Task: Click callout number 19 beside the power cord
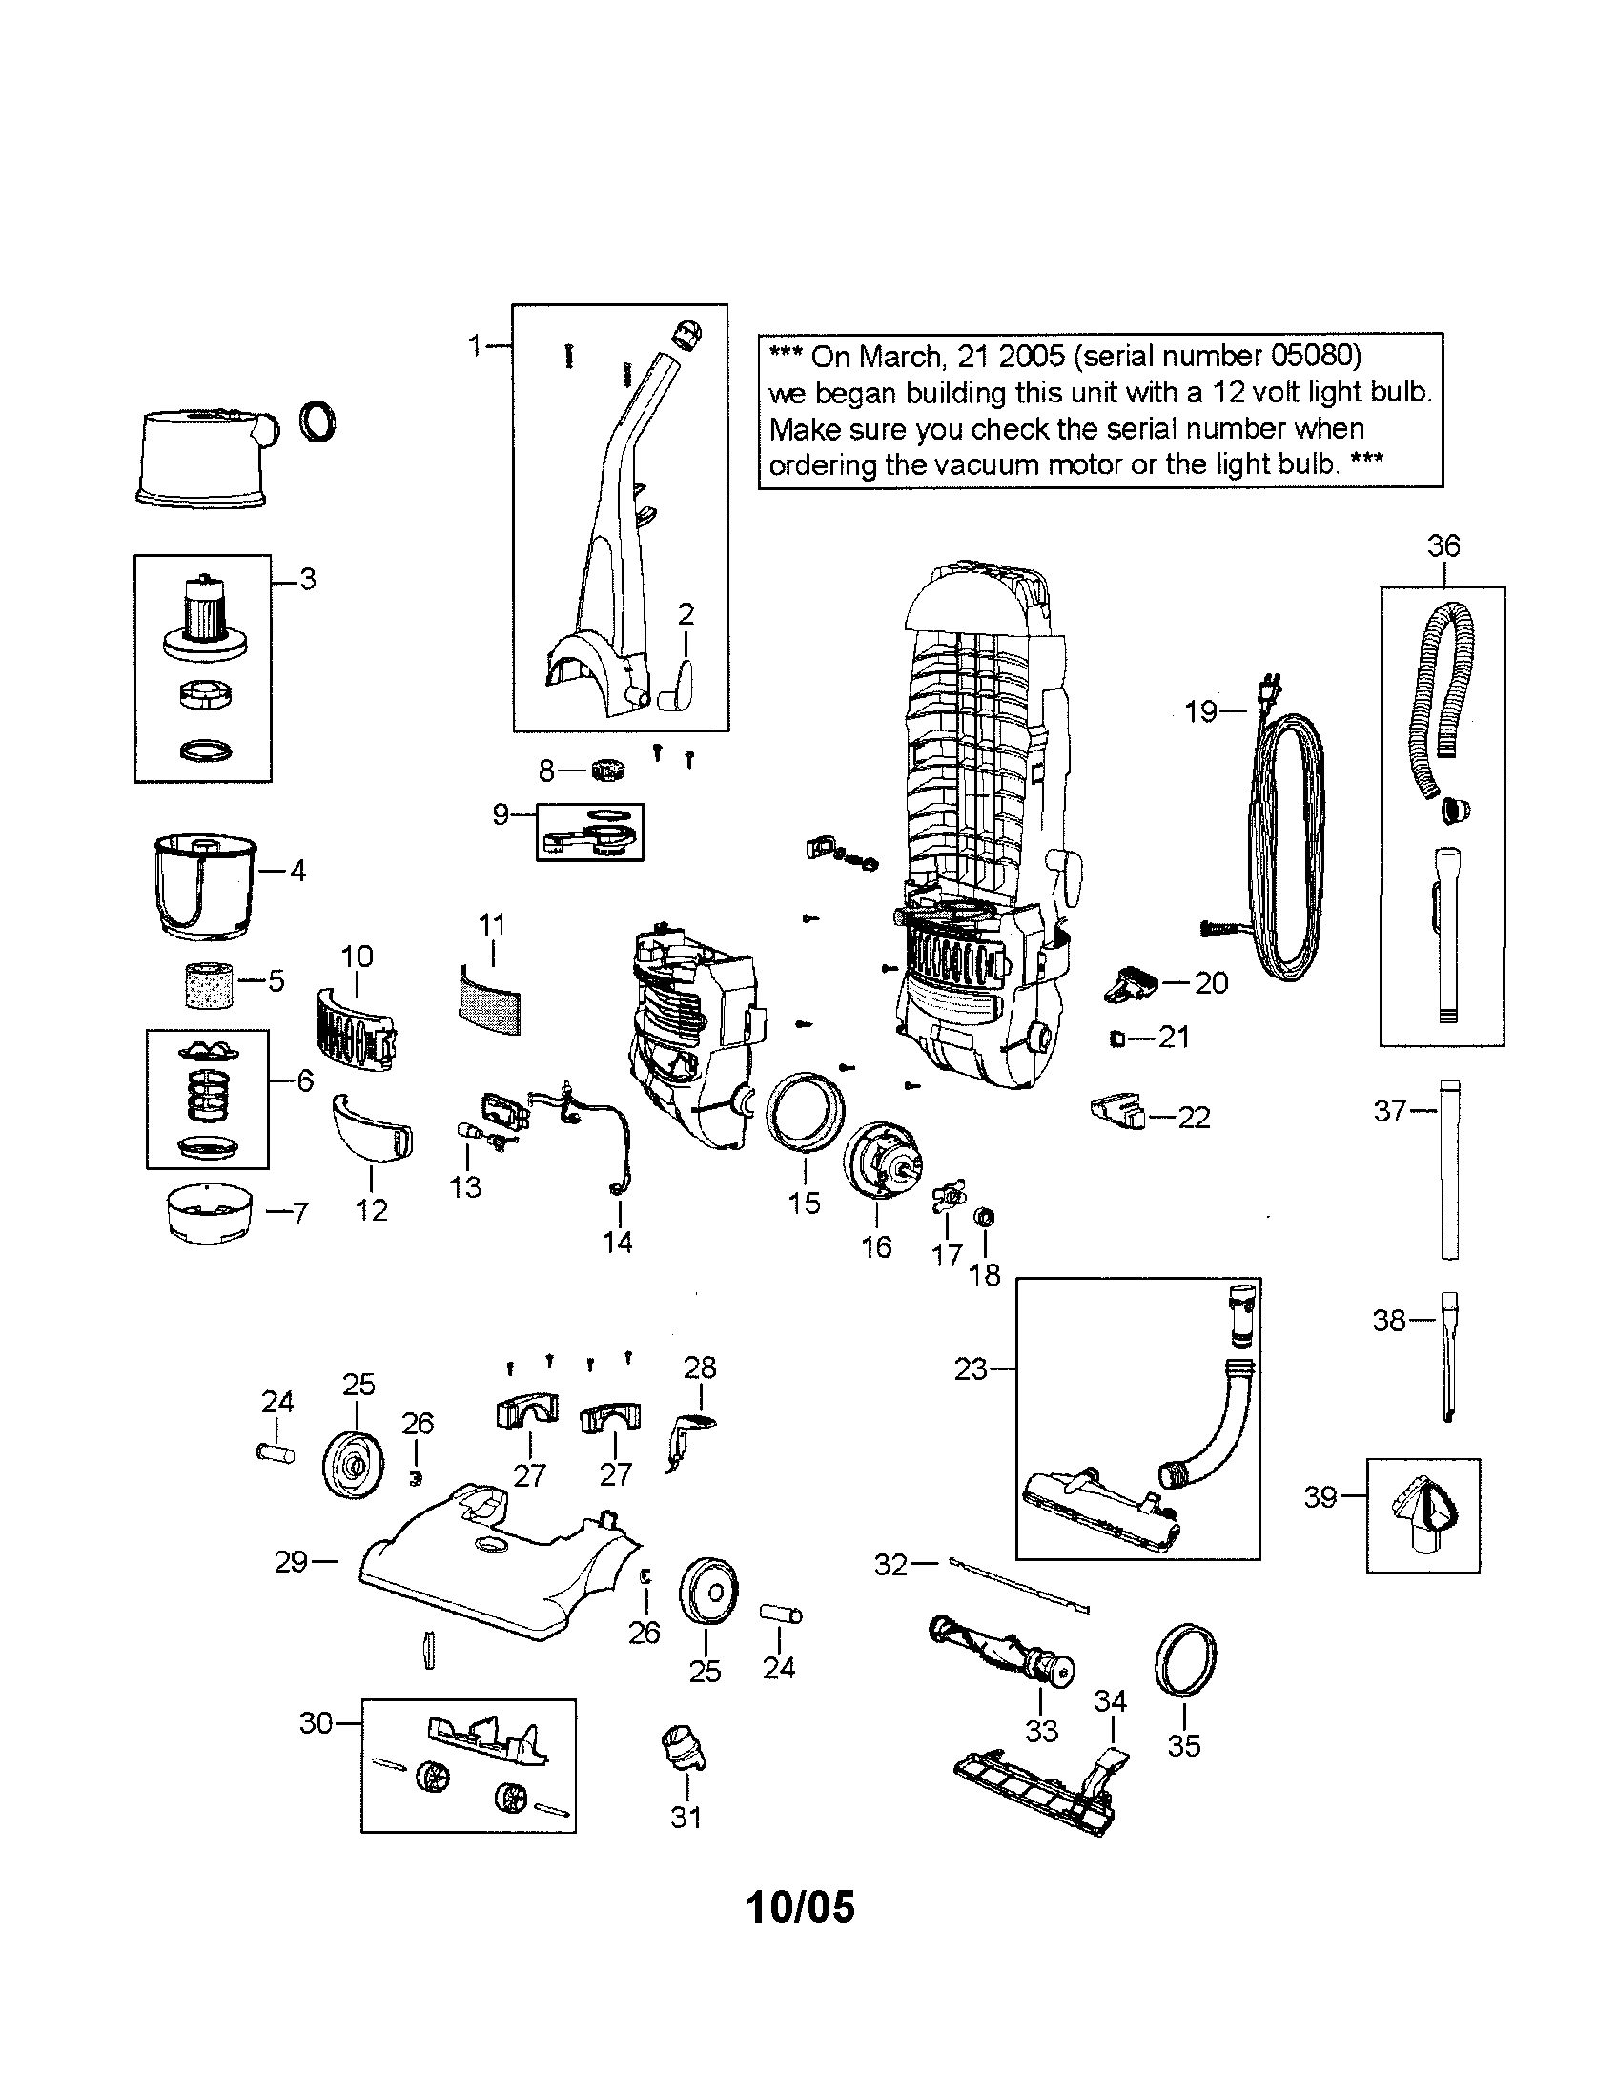tap(1200, 711)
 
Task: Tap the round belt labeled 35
tap(1183, 1661)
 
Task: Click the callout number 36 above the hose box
tap(1443, 546)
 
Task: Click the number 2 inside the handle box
tap(685, 614)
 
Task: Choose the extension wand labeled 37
tap(1449, 1168)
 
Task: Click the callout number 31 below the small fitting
tap(686, 1817)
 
